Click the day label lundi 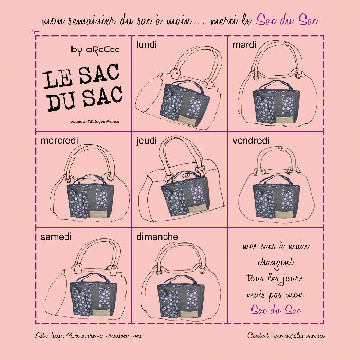tap(147, 45)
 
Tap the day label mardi tap(244, 45)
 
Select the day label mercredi tap(59, 141)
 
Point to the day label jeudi tap(147, 141)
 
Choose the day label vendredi tap(251, 141)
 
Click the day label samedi tap(56, 237)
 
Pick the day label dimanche tap(157, 237)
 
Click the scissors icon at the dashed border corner tap(35, 32)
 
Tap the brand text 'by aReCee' tap(95, 50)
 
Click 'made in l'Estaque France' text tap(95, 121)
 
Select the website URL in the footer tap(89, 336)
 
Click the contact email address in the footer tap(286, 336)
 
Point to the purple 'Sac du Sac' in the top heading tap(287, 20)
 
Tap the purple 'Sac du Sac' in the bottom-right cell tap(276, 310)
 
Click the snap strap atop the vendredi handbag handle tap(277, 149)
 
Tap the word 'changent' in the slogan tap(276, 263)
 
